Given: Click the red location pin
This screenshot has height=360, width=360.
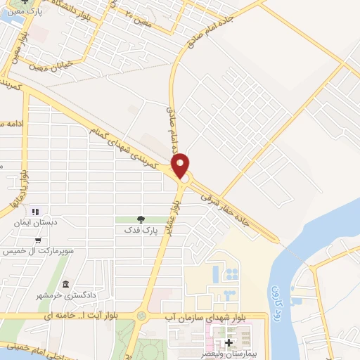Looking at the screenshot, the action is [x=181, y=165].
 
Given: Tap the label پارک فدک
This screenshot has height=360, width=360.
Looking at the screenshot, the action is [x=139, y=230].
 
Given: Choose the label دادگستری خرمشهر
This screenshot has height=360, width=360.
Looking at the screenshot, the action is [x=65, y=295].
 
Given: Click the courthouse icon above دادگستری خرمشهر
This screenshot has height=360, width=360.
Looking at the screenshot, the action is [x=66, y=284].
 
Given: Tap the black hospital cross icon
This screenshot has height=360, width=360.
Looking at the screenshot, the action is [x=229, y=342].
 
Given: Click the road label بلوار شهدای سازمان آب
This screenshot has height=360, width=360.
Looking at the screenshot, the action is [x=204, y=316].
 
